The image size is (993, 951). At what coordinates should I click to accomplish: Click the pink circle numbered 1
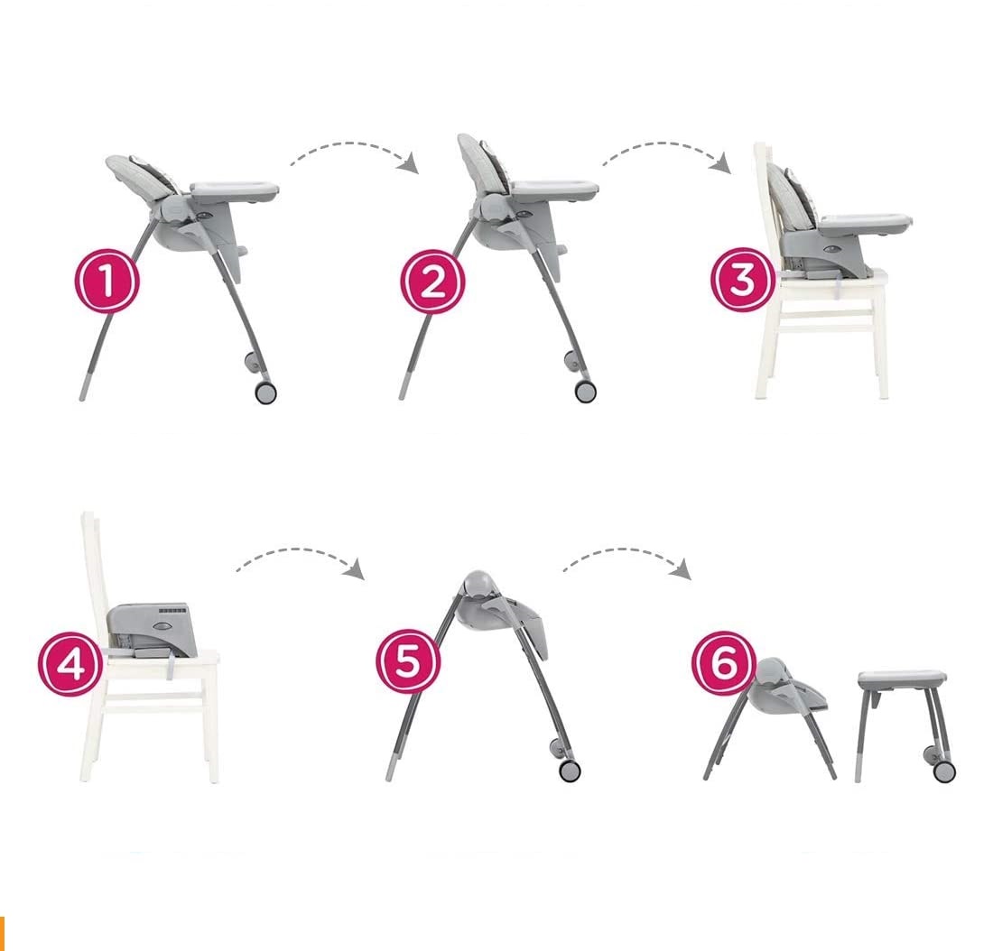(x=107, y=281)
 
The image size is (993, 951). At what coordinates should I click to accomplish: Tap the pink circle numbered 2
(x=432, y=282)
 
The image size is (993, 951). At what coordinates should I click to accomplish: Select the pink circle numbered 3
(x=743, y=279)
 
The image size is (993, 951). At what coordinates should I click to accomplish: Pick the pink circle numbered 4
(x=70, y=664)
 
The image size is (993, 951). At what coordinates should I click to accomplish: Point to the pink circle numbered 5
(x=408, y=661)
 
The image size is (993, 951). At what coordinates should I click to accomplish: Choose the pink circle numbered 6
(x=724, y=663)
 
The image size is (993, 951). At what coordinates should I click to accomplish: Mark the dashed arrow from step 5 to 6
(x=627, y=551)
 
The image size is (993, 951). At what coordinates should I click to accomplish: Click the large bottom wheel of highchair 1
(x=265, y=392)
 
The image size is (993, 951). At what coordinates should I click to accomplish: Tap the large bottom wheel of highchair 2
(x=585, y=392)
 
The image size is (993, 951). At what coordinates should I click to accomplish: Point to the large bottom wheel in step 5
(x=570, y=770)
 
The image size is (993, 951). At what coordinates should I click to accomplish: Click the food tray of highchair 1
(x=235, y=189)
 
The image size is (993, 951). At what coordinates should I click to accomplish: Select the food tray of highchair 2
(x=554, y=189)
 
